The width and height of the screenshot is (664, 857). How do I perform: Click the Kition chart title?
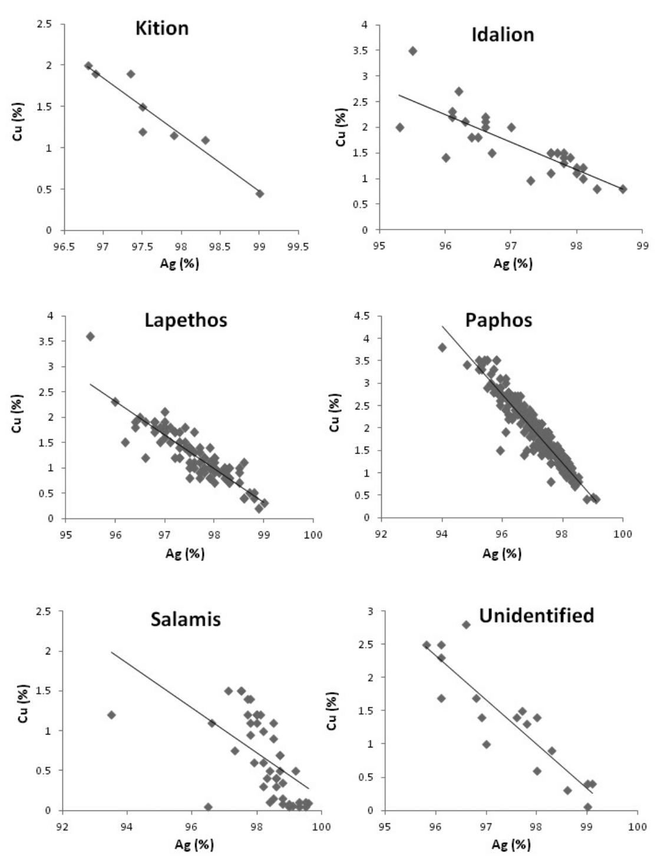pos(162,28)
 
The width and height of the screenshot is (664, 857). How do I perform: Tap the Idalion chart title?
pos(503,35)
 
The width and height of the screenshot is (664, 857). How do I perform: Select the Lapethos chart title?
pos(186,320)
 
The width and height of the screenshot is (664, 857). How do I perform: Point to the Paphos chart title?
pos(498,320)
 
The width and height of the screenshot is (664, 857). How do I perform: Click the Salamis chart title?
pos(186,620)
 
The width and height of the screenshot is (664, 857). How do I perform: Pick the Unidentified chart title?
pos(536,616)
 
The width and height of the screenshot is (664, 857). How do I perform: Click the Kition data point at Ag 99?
pos(259,194)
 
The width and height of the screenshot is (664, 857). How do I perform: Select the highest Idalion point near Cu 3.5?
pos(412,51)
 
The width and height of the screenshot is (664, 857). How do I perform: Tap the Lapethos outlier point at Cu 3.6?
pos(90,336)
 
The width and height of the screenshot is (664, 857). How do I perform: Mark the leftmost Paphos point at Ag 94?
pos(442,348)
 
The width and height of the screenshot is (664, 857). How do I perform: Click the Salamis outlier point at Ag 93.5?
pos(111,714)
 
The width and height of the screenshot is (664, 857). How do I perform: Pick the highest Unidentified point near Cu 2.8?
pos(466,624)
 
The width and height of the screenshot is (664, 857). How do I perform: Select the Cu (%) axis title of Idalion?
pos(341,127)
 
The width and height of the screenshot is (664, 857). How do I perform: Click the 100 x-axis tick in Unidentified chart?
pos(637,826)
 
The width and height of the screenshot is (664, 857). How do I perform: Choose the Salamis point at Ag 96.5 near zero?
pos(208,807)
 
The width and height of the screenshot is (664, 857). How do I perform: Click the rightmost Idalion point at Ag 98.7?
pos(623,189)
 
